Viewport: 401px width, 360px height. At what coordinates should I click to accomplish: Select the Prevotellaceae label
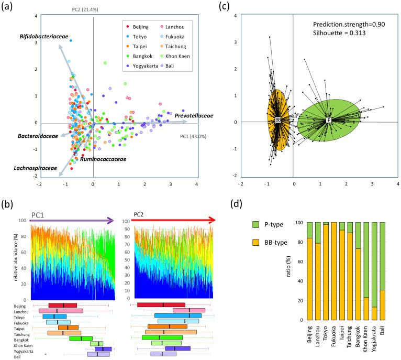pos(194,115)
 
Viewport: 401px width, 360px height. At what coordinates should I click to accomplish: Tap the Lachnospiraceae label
pos(36,168)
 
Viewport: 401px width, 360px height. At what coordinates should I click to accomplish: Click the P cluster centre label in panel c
pos(329,120)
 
